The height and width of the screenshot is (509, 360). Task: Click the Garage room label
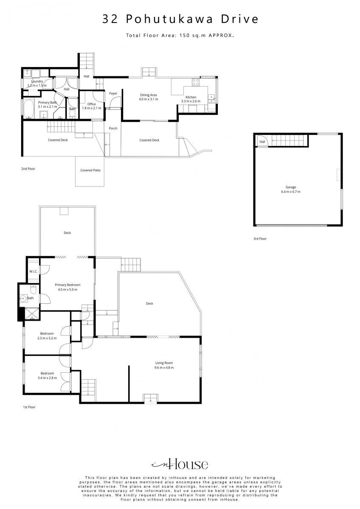(x=290, y=187)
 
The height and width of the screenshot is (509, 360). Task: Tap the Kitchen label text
(x=191, y=97)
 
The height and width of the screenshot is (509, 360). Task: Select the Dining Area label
(x=148, y=95)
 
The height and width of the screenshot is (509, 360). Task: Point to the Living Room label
(x=164, y=363)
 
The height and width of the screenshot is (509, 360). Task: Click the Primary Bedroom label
(x=67, y=285)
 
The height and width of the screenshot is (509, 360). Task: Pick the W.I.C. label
(x=33, y=271)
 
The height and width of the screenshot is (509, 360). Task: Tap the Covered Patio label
(x=90, y=170)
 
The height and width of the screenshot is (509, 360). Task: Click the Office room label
(x=91, y=104)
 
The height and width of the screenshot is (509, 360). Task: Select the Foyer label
(x=113, y=93)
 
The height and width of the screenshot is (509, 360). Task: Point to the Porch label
(x=113, y=129)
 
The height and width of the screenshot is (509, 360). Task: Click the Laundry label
(x=37, y=81)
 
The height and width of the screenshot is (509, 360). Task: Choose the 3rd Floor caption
(x=260, y=238)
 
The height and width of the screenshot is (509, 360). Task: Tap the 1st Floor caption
(x=29, y=407)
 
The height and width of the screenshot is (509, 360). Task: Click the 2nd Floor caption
(x=28, y=169)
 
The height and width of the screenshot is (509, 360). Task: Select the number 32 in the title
(x=110, y=19)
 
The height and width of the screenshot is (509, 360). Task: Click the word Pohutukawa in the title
(x=169, y=19)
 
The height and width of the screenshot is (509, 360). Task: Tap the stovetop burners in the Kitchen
(x=196, y=82)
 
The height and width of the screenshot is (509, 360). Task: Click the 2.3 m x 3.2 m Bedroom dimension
(x=47, y=338)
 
